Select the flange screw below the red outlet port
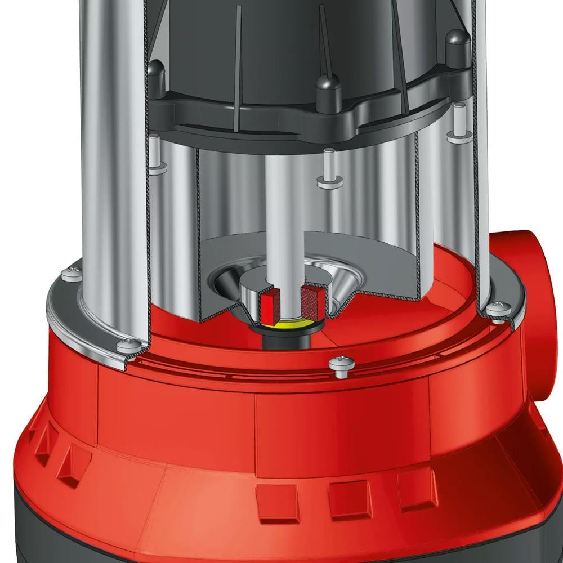[x=498, y=309]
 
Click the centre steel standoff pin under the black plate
[x=329, y=169]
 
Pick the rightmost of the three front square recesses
[x=415, y=490]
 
